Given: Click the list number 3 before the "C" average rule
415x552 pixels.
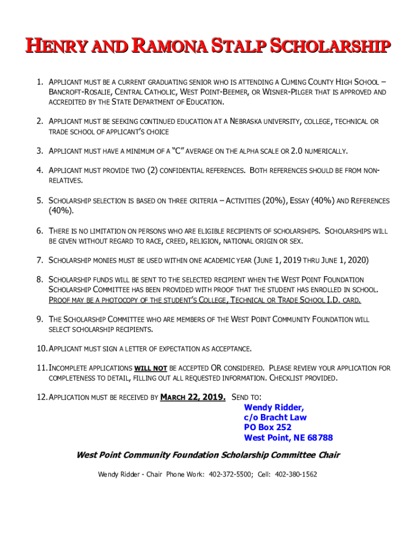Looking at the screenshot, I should click(x=40, y=150).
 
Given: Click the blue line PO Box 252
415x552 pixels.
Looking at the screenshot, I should click(x=268, y=427).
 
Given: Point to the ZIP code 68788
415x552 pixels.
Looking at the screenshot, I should click(x=320, y=438).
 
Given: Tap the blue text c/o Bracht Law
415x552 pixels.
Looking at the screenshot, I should click(x=275, y=417).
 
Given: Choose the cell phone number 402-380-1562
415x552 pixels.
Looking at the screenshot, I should click(x=296, y=474).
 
